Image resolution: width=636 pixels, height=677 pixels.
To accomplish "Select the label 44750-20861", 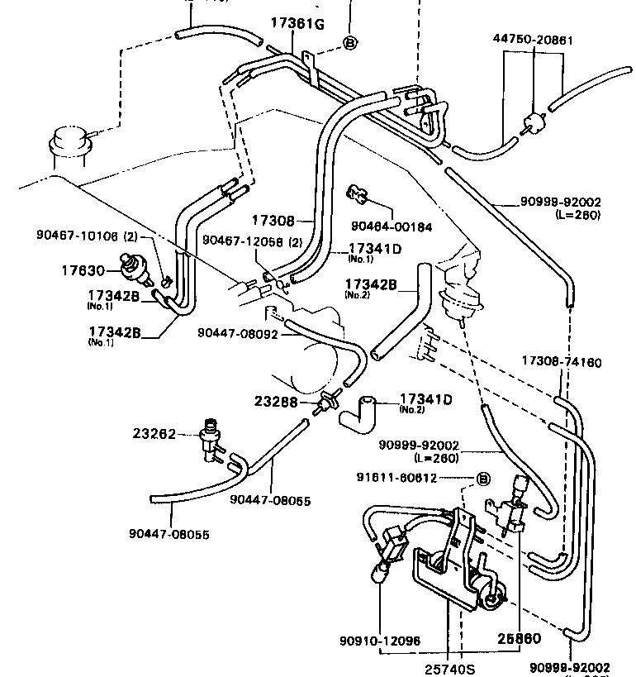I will pyautogui.click(x=534, y=40).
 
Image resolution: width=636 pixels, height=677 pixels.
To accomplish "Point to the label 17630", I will pyautogui.click(x=83, y=269).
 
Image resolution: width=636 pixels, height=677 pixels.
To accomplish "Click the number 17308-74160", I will pyautogui.click(x=562, y=362).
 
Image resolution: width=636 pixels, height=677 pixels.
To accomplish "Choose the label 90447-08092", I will pyautogui.click(x=237, y=333).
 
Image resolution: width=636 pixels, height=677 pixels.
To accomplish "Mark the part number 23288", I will pyautogui.click(x=277, y=403).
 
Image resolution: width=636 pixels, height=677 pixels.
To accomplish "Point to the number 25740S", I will pyautogui.click(x=449, y=668).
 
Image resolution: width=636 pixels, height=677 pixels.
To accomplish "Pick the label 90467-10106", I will pyautogui.click(x=78, y=235).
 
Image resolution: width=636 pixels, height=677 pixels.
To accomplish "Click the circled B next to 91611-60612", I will pyautogui.click(x=484, y=478).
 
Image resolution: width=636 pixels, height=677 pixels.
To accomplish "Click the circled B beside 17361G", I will pyautogui.click(x=349, y=42).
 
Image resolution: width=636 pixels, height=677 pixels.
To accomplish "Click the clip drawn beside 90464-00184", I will pyautogui.click(x=357, y=195).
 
